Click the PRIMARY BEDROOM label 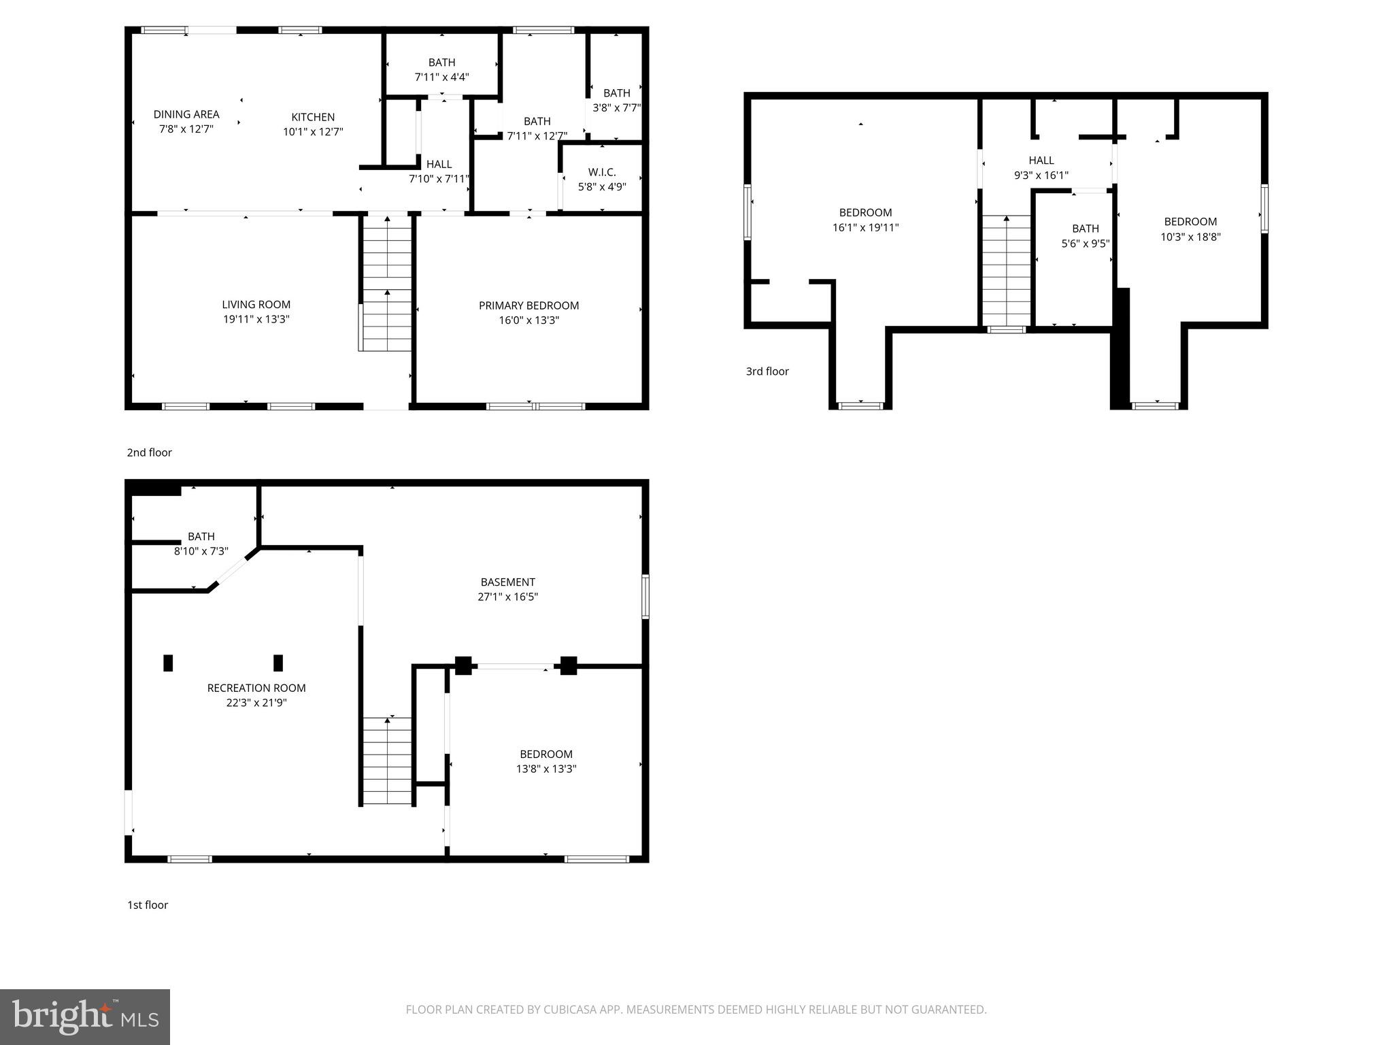tap(528, 305)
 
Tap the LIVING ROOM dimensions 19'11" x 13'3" tap(256, 319)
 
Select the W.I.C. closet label tap(602, 172)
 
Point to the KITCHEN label tap(313, 117)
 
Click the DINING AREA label tap(186, 114)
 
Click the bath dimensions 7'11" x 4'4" tap(441, 78)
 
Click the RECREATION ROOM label tap(256, 688)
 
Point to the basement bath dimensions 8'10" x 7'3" tap(201, 551)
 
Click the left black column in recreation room tap(168, 663)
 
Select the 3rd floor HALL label tap(1041, 161)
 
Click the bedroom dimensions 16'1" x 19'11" tap(865, 228)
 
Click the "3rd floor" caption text tap(767, 371)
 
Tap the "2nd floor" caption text tap(149, 452)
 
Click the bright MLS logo tap(85, 1017)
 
